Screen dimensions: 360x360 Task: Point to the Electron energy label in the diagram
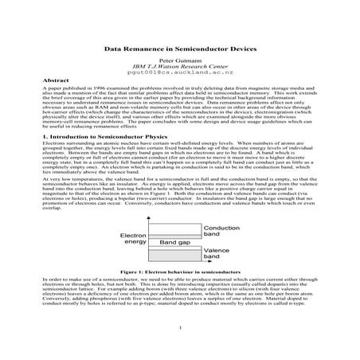pyautogui.click(x=133, y=240)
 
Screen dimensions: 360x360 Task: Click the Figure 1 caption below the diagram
pyautogui.click(x=180, y=272)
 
